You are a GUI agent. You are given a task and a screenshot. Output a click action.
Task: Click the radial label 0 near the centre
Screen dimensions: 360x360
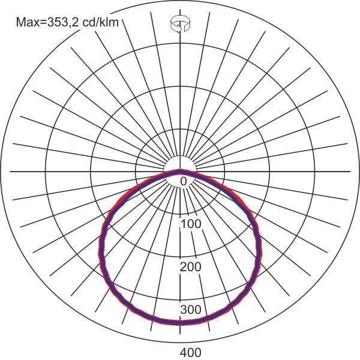[x=184, y=181]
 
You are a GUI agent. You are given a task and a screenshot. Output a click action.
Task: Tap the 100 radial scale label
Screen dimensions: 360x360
[x=191, y=224]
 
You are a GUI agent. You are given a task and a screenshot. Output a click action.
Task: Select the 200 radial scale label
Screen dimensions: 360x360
[x=191, y=267]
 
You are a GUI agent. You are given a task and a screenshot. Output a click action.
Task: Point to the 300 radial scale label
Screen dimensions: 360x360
[x=191, y=310]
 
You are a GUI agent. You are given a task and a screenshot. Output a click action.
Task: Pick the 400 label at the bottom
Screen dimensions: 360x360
[x=191, y=352]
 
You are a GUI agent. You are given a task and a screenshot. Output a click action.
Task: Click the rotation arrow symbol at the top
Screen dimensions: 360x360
[x=181, y=25]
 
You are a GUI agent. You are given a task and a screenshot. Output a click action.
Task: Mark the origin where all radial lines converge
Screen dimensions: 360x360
[x=180, y=172]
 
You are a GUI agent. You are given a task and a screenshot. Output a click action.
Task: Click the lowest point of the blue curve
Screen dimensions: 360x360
[x=180, y=323]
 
